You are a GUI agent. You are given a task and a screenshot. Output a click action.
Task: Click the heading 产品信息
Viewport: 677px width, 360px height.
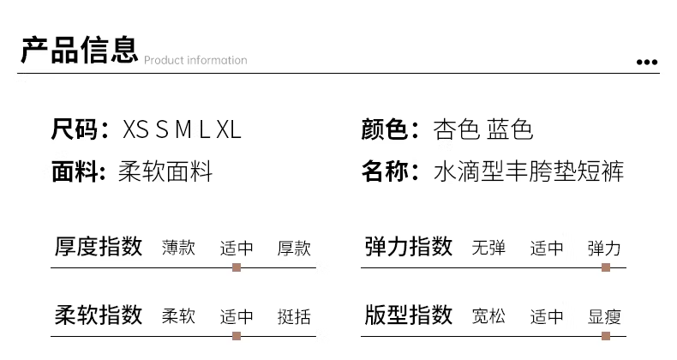coord(80,50)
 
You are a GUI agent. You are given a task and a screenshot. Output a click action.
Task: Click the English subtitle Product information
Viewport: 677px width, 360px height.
coord(195,60)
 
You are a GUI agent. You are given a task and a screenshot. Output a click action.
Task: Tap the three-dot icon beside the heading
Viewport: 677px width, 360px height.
coord(647,63)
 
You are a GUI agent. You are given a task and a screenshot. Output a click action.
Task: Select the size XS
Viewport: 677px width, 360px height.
coord(135,129)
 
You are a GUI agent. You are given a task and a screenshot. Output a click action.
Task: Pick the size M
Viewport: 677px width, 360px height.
coord(183,129)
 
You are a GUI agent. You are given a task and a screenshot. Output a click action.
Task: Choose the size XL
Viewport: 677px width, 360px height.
coord(229,129)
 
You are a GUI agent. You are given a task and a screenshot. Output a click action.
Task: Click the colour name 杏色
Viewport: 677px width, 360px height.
coord(456,129)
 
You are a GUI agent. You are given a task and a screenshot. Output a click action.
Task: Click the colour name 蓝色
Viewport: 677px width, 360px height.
coord(510,129)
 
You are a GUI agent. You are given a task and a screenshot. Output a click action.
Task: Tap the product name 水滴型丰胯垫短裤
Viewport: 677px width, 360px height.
coord(529,171)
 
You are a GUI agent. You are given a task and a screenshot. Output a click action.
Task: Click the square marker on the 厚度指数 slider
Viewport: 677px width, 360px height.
coord(237,267)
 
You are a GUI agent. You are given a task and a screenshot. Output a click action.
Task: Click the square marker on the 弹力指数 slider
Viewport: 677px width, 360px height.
coord(606,267)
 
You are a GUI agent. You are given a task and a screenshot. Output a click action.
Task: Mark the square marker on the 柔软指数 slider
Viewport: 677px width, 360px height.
coord(237,336)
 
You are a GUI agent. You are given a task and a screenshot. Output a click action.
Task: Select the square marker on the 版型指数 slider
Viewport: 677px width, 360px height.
coord(606,336)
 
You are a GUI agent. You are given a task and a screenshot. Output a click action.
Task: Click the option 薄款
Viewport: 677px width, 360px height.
coord(179,249)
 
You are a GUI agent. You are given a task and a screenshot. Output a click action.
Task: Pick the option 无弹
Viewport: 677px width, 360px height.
coord(488,249)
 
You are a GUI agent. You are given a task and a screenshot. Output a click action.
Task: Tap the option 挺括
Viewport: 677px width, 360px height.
coord(294,316)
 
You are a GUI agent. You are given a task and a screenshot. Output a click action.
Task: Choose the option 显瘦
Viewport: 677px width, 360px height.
coord(604,316)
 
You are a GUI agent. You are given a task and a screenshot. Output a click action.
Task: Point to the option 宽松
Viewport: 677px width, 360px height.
coord(488,316)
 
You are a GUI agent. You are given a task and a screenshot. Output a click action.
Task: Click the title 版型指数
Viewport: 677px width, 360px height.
coord(409,315)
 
